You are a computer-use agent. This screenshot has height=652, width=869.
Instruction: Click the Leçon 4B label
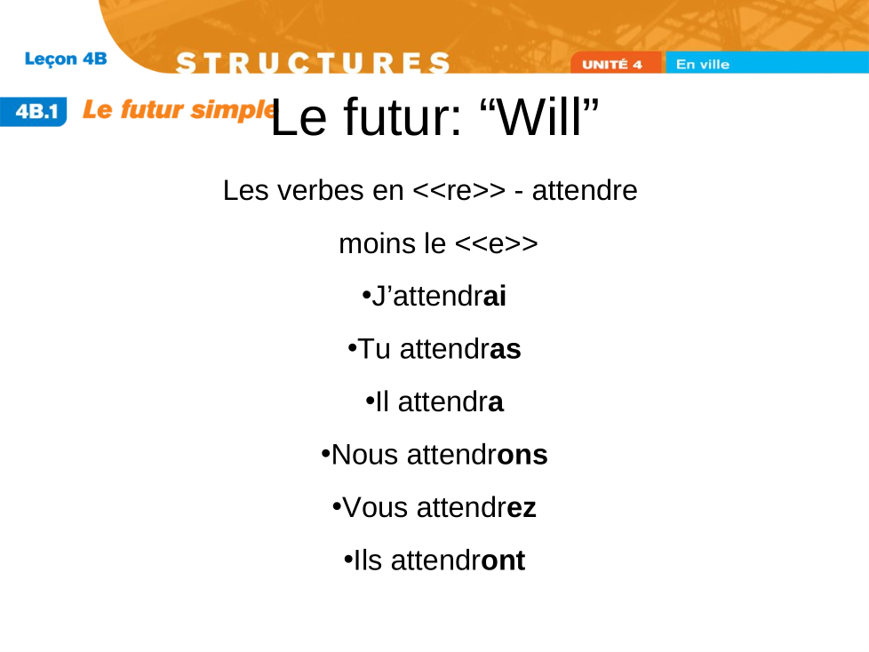(66, 59)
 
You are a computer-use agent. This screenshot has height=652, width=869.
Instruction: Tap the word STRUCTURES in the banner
(313, 62)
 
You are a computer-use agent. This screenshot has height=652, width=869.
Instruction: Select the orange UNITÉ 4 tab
(616, 63)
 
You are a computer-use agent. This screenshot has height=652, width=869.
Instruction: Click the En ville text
(703, 64)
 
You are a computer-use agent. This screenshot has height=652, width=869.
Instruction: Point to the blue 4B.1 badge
(34, 111)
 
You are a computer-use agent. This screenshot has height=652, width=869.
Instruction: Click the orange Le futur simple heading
(179, 109)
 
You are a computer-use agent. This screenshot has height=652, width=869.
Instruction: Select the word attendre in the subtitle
(585, 191)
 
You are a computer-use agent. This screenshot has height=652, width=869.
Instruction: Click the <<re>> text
(459, 191)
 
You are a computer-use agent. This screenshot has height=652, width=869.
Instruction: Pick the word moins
(377, 243)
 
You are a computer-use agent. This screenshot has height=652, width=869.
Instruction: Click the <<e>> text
(496, 243)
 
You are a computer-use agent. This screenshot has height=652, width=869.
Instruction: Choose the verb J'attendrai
(439, 296)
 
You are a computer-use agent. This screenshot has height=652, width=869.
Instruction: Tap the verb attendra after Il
(450, 402)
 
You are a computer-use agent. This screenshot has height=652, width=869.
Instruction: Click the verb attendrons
(477, 455)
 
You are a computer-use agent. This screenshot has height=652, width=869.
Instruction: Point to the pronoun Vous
(376, 507)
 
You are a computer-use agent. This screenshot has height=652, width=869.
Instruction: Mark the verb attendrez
(476, 507)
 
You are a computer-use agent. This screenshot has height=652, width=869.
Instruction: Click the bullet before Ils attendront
(348, 560)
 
